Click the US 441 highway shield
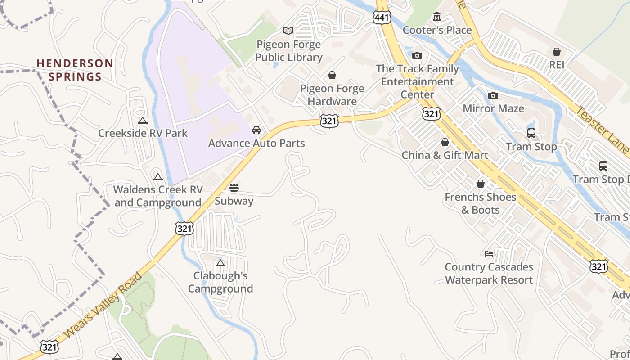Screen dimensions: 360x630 point(382,18)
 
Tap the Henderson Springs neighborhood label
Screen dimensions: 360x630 point(75,70)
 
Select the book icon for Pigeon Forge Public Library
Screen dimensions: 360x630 point(288,31)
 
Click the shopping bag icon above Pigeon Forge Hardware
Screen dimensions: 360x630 point(332,75)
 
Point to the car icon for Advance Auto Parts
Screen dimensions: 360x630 point(256,130)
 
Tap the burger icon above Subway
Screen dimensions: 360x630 point(234,187)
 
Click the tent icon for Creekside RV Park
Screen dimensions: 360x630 point(143,121)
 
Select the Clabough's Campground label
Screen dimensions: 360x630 point(220,282)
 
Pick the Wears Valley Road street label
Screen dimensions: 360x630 point(103,306)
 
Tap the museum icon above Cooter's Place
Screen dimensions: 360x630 point(436,17)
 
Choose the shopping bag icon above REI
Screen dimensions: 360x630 point(557,52)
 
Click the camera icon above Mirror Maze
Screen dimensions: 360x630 point(493,95)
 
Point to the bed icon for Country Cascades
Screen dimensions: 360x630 point(489,254)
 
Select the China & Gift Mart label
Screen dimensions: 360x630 point(445,155)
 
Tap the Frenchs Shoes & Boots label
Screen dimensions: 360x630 point(480,203)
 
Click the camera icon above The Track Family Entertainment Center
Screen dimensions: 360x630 point(417,55)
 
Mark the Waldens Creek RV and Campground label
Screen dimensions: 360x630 point(157,196)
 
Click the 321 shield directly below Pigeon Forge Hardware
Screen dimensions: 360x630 point(329,121)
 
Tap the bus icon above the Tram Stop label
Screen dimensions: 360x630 point(531,133)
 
